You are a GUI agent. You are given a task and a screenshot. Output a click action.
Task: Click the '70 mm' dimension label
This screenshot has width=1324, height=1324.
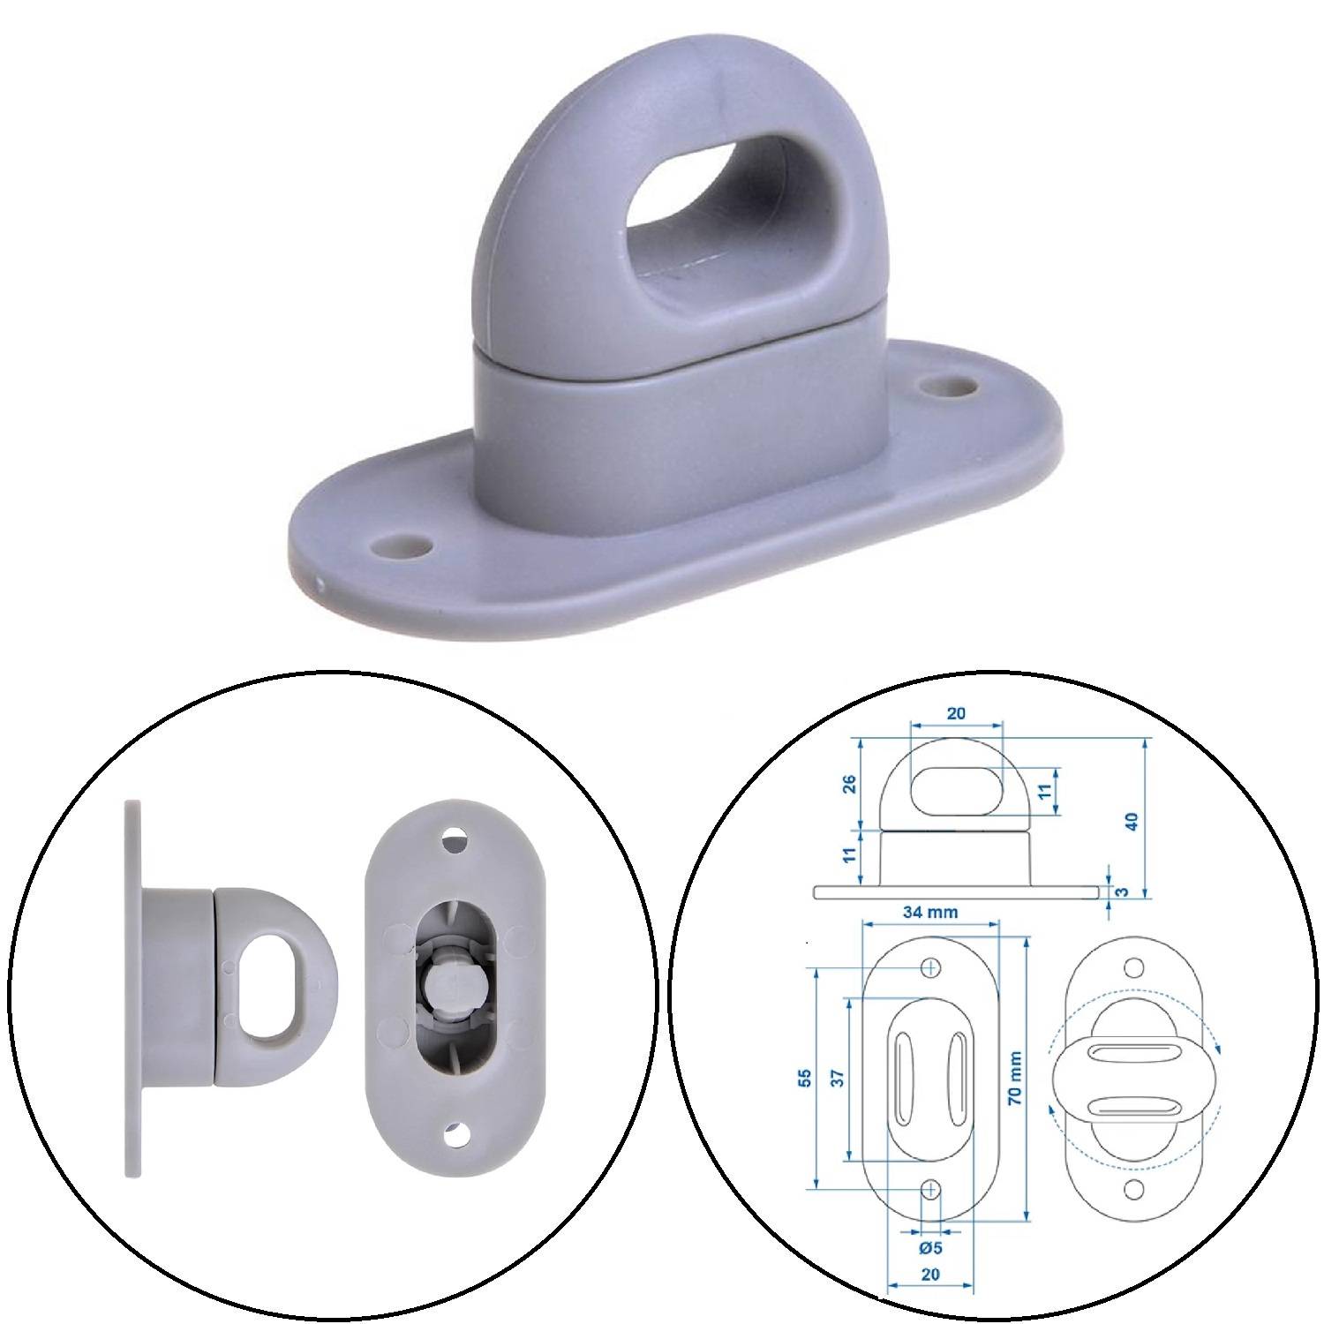coord(1016,1080)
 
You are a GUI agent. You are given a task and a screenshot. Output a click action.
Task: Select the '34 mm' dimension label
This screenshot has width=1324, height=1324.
coord(930,912)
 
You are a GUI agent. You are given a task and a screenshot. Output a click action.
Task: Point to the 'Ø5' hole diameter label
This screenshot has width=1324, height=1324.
coord(930,1248)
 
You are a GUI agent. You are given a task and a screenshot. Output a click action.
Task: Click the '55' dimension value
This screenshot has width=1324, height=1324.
coord(803,1079)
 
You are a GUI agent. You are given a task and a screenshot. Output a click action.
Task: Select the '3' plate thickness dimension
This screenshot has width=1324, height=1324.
coord(1122,891)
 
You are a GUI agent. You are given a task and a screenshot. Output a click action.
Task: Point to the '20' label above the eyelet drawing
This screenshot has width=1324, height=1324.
coord(956,713)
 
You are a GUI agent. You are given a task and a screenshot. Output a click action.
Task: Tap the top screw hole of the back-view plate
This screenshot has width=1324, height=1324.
coord(456,839)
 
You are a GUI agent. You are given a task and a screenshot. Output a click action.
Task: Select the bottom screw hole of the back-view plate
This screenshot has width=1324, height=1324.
coord(456,1135)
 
